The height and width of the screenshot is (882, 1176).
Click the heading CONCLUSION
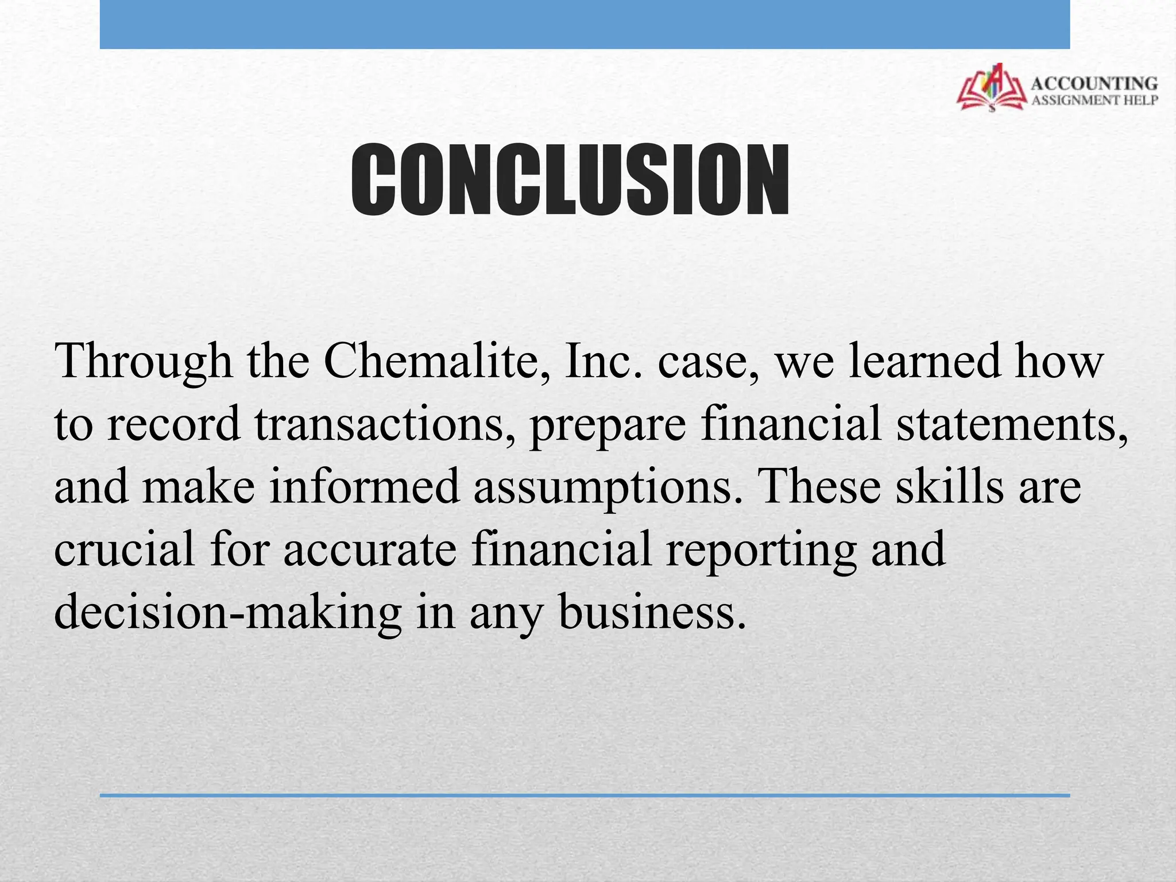pos(570,180)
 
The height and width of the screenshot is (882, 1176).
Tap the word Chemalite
pos(434,361)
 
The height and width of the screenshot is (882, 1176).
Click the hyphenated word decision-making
pos(227,613)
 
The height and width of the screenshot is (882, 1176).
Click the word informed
pos(365,486)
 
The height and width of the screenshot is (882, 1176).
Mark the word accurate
pos(370,550)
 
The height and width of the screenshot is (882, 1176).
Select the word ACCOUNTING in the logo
pos(1094,84)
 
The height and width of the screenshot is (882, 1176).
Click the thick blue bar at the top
pos(585,24)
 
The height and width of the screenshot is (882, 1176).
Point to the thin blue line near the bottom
pos(585,795)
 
